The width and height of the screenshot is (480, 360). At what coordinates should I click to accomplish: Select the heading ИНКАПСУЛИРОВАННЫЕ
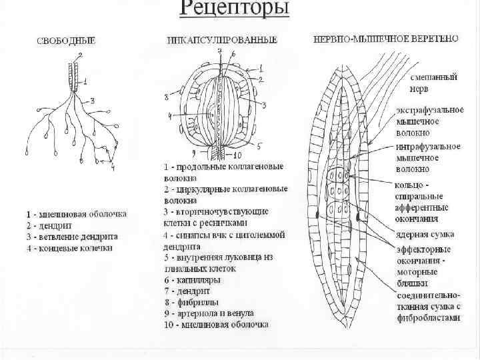(x=222, y=41)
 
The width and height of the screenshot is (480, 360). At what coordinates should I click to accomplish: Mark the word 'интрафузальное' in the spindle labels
(x=429, y=146)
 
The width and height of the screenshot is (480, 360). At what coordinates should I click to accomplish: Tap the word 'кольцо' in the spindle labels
(x=413, y=183)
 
